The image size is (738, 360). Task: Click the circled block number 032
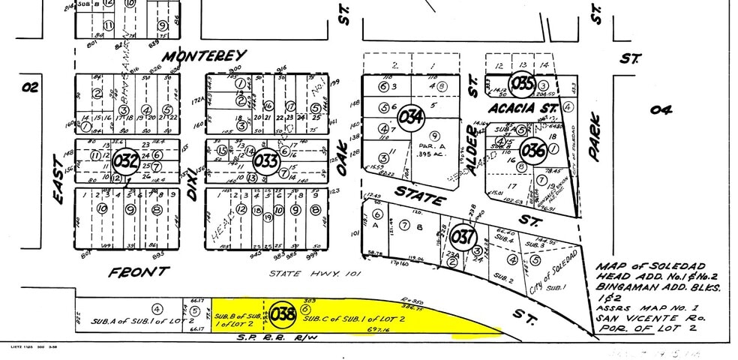(126, 160)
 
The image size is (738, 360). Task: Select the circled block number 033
(266, 160)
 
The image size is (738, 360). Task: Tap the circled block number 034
(411, 118)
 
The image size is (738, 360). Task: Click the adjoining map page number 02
(30, 87)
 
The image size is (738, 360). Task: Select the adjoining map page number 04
(661, 110)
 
